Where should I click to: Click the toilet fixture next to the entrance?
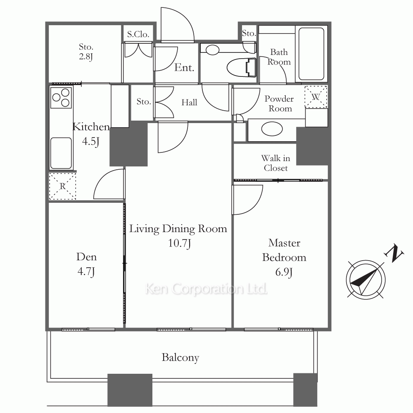[242, 67]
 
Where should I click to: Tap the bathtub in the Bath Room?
[311, 54]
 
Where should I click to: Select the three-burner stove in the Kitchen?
[61, 97]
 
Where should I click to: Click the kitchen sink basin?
[61, 153]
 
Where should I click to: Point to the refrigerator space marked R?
[62, 186]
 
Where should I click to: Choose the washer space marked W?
[316, 97]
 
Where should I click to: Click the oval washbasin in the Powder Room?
[272, 129]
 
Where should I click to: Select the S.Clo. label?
[138, 34]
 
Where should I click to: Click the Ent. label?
[184, 68]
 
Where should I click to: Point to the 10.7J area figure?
[179, 243]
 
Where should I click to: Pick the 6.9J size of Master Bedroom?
[284, 272]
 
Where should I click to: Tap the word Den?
[86, 257]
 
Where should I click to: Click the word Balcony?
[180, 358]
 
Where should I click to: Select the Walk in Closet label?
[276, 163]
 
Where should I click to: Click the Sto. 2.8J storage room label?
[86, 52]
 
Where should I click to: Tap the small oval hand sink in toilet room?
[212, 50]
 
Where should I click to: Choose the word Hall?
[189, 102]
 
